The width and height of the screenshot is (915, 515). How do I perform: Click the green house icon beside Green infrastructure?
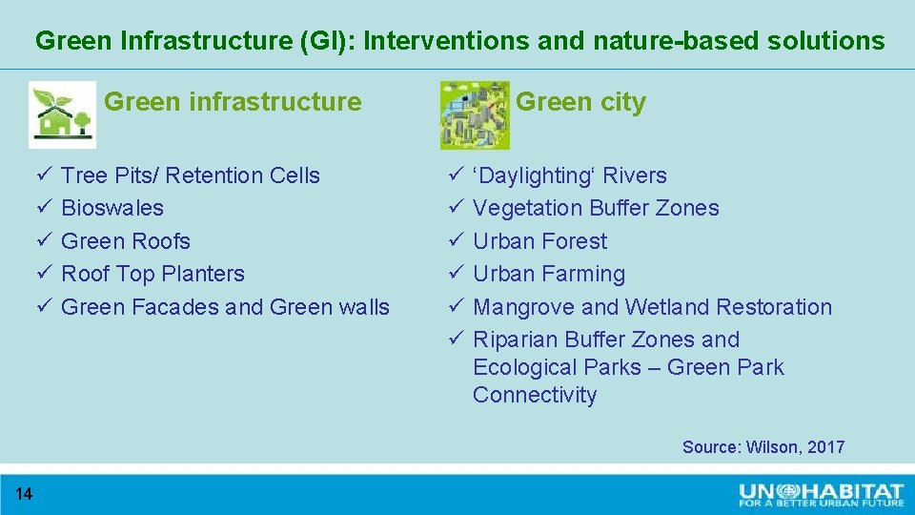(62, 114)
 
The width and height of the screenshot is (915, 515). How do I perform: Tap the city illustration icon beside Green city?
(475, 114)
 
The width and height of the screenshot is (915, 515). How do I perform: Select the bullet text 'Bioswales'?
(112, 208)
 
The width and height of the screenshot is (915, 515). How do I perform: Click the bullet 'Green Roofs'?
(126, 241)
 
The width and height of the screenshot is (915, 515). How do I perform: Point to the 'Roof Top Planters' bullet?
(152, 274)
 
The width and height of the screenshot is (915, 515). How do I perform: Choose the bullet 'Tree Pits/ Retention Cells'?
(191, 175)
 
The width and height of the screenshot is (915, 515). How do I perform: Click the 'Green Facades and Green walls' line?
(225, 307)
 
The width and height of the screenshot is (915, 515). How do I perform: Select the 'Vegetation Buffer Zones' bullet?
(596, 208)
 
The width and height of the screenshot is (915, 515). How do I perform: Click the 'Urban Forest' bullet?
(539, 241)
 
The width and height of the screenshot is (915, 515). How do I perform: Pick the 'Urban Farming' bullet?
(549, 274)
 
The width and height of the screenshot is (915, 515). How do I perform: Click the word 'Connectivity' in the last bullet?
(534, 395)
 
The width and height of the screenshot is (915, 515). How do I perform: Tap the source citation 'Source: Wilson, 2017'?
(762, 447)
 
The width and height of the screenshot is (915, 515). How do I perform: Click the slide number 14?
(24, 493)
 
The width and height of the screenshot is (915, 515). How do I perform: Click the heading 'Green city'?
(580, 102)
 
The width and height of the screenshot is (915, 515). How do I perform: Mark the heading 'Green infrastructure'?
(233, 102)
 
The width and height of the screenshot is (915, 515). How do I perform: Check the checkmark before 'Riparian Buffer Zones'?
(456, 340)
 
